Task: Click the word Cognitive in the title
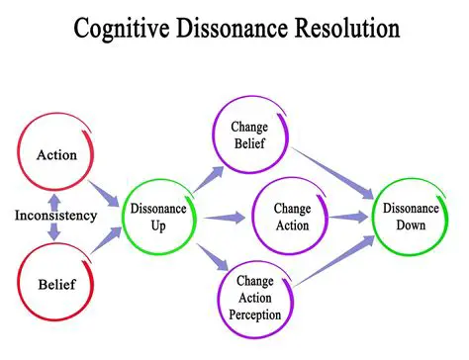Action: tap(128, 27)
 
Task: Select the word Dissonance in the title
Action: tap(241, 27)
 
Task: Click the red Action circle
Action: tap(56, 155)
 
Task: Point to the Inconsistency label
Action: tap(56, 216)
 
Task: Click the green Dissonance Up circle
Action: tap(159, 216)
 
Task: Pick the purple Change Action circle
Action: tap(291, 216)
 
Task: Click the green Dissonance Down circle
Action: tap(411, 216)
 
